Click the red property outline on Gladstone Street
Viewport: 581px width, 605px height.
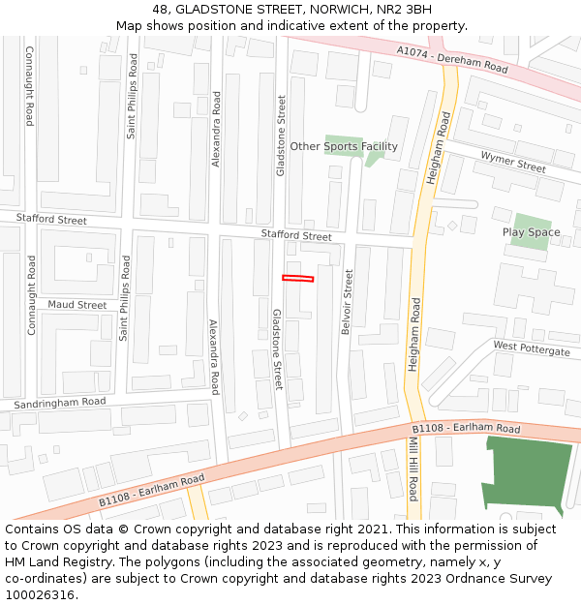[x=298, y=279]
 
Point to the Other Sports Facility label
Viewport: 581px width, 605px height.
[x=344, y=146]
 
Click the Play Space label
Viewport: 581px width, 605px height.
[x=531, y=232]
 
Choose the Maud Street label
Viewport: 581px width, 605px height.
[x=77, y=305]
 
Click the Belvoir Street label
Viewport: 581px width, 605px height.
[x=347, y=302]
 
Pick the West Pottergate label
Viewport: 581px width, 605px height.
[x=532, y=348]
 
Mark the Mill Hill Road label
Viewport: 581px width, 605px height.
[x=413, y=468]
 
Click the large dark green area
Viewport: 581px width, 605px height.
[x=528, y=474]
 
